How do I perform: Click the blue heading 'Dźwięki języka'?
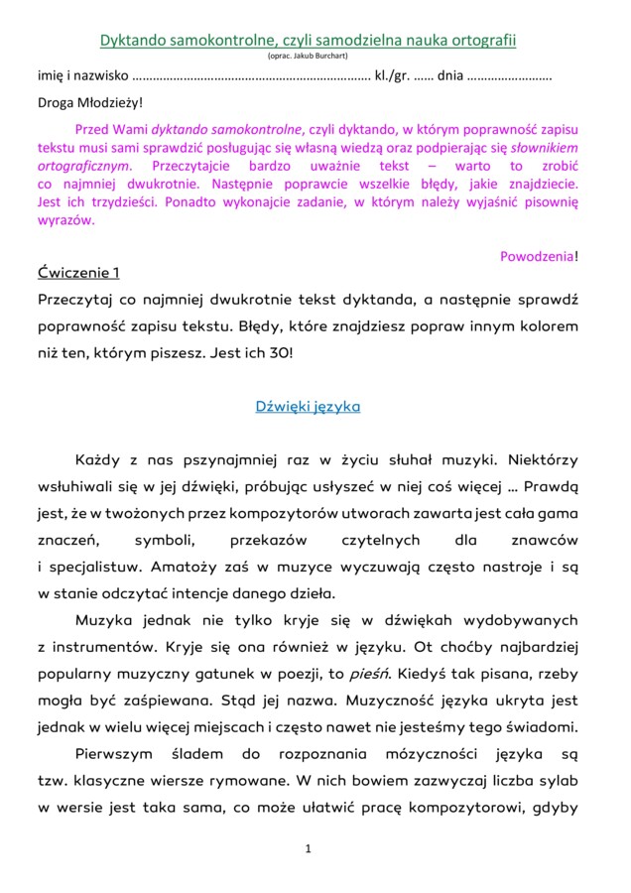308,407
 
